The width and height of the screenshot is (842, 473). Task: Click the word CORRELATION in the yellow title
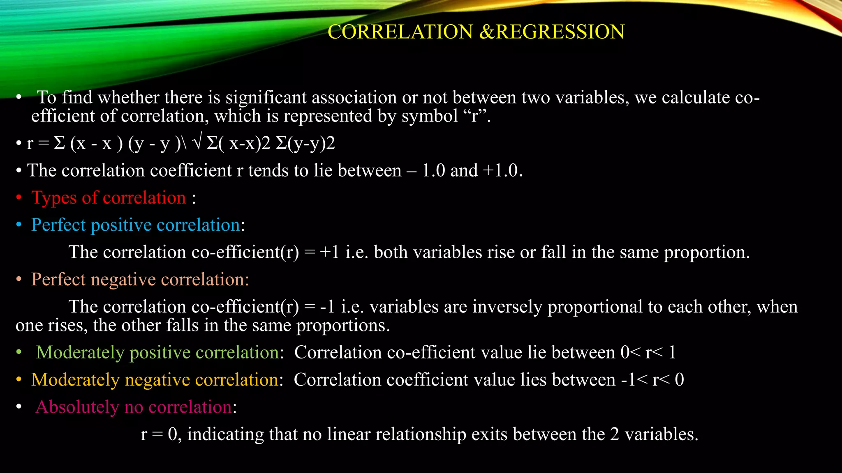[x=400, y=32]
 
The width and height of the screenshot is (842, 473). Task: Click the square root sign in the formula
[x=197, y=143]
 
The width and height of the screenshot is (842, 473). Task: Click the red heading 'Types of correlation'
[x=109, y=198]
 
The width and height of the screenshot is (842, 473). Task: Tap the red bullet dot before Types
[x=19, y=198]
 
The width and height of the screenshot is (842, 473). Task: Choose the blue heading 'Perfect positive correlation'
[x=136, y=225]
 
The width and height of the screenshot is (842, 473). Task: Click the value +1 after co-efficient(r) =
[x=330, y=252]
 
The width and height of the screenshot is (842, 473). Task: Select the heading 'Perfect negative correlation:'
[x=140, y=280]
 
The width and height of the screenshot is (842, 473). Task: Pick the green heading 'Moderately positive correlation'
[x=157, y=353]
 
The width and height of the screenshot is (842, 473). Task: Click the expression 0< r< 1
[x=648, y=353]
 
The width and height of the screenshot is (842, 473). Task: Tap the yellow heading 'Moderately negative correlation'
[x=155, y=380]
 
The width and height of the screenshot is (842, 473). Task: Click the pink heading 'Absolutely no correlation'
[x=134, y=407]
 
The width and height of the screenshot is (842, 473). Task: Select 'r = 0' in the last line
[x=159, y=434]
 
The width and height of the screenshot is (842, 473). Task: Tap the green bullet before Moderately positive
[x=19, y=353]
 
